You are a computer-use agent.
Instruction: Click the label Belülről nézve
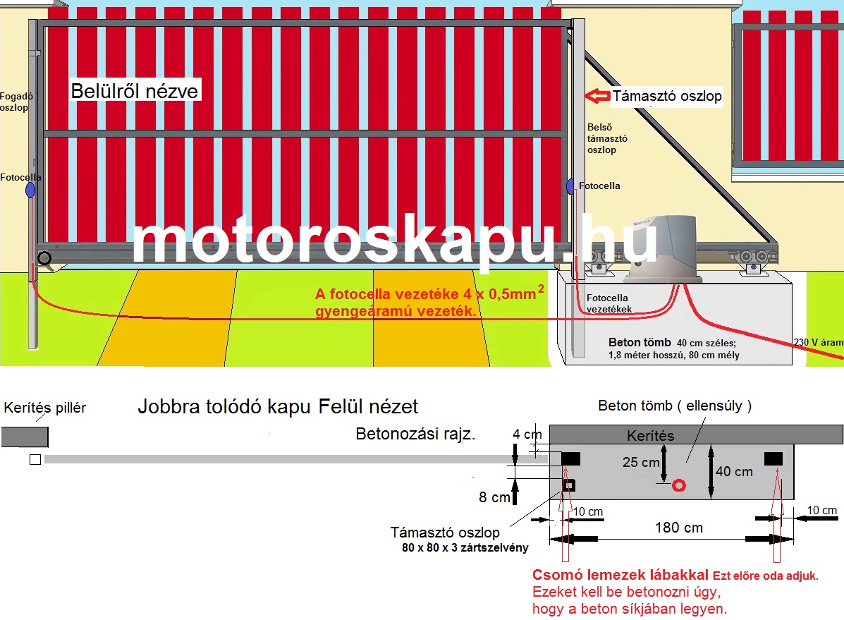[x=135, y=91]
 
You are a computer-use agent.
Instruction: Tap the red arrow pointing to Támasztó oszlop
[x=597, y=96]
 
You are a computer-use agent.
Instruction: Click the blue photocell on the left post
[x=30, y=190]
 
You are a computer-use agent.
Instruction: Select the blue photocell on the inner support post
[x=570, y=186]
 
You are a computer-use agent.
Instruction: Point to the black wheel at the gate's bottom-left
[x=45, y=259]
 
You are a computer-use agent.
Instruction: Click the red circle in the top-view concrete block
[x=679, y=485]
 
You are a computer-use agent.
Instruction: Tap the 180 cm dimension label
[x=678, y=527]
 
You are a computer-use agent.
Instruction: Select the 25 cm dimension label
[x=641, y=463]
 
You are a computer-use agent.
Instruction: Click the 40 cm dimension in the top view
[x=734, y=471]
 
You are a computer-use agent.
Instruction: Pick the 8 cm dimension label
[x=494, y=497]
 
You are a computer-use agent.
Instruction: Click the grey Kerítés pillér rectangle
[x=25, y=437]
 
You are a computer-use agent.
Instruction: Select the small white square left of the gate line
[x=35, y=460]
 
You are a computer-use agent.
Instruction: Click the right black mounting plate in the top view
[x=773, y=459]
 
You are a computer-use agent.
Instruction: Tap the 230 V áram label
[x=818, y=343]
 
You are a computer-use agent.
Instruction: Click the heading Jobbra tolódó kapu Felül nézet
[x=278, y=406]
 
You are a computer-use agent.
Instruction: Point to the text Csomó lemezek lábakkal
[x=620, y=575]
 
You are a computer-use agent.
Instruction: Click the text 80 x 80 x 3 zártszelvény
[x=460, y=547]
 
